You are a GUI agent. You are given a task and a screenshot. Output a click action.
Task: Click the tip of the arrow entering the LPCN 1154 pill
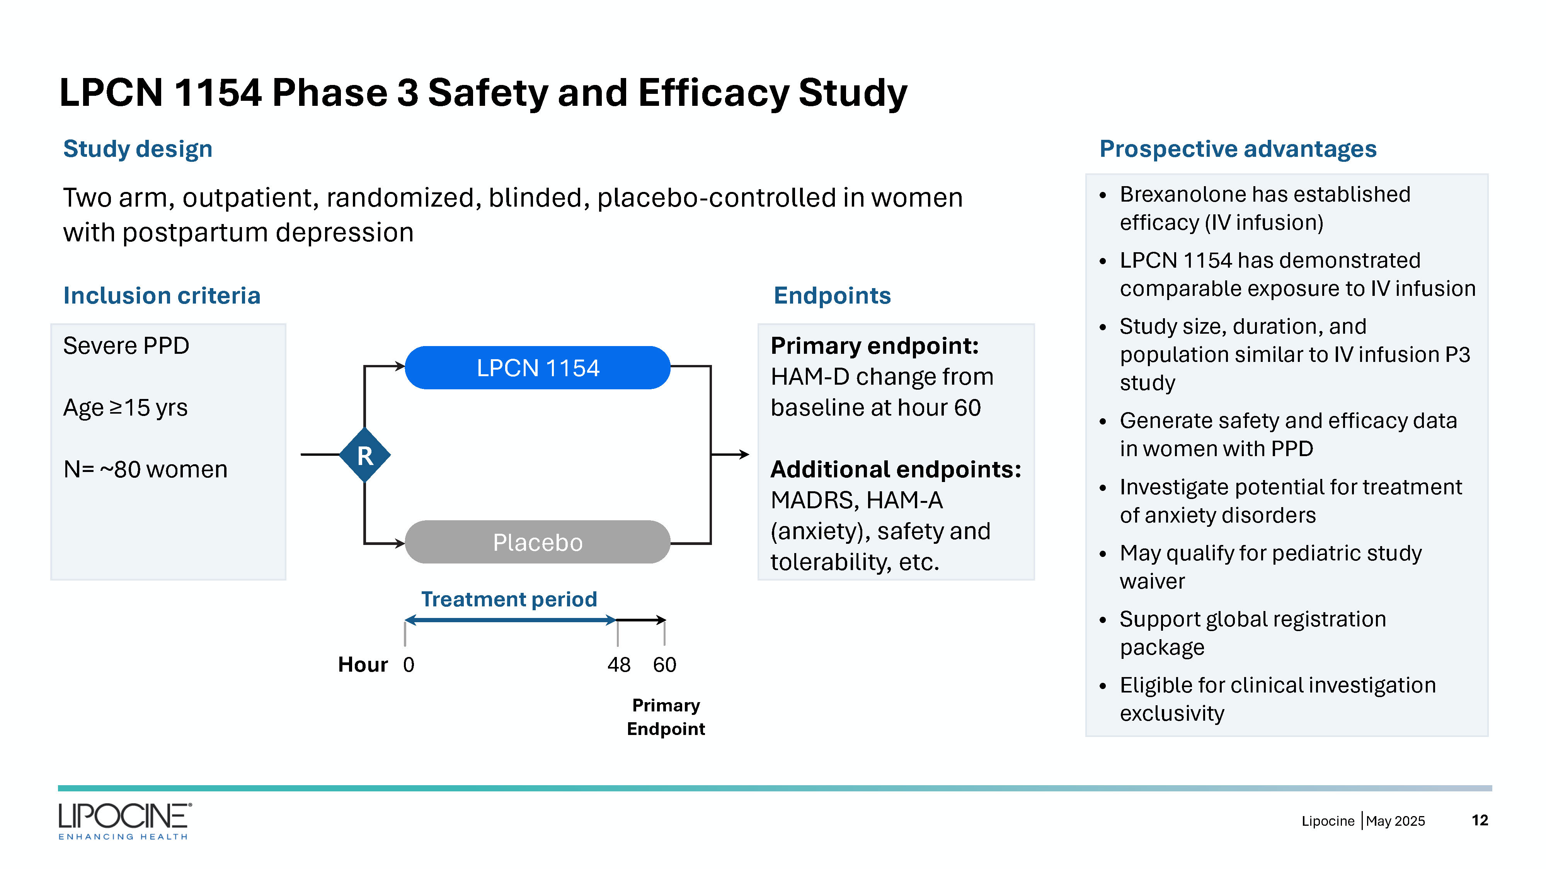click(405, 366)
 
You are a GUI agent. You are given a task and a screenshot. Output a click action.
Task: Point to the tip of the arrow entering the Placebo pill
click(405, 543)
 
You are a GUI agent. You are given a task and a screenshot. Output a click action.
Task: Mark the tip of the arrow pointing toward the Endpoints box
click(749, 455)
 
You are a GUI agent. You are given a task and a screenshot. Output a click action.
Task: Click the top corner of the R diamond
click(365, 427)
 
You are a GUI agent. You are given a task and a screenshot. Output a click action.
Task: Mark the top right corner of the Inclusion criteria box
click(286, 324)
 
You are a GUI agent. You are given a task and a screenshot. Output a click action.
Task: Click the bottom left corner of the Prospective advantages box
click(1086, 736)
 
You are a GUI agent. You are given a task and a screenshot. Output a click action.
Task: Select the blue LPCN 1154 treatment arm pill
click(537, 368)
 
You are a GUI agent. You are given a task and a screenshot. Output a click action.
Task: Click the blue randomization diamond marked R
click(365, 455)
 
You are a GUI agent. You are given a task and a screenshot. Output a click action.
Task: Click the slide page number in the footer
click(1480, 820)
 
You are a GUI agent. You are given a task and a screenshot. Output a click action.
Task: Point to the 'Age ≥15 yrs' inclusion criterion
click(126, 408)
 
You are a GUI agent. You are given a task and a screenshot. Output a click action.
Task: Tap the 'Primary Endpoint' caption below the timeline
click(666, 717)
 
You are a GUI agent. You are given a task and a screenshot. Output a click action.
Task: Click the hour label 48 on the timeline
click(619, 664)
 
